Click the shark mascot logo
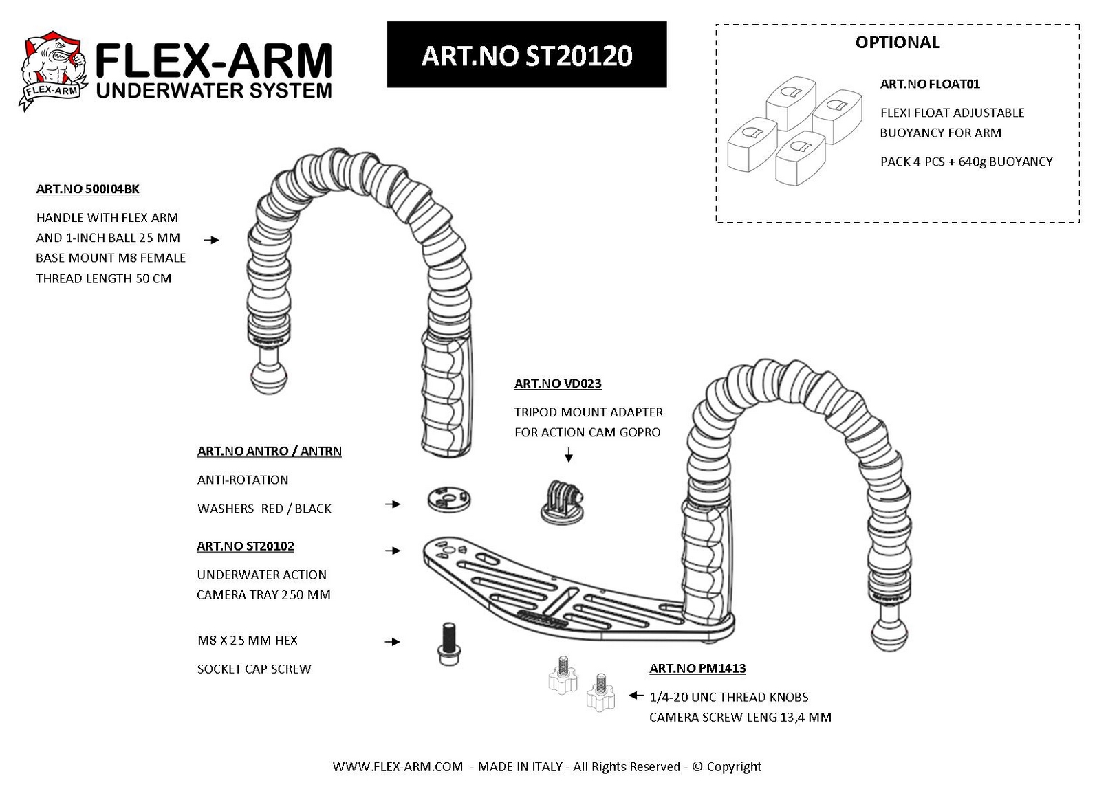coord(54,70)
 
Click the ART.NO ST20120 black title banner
coord(526,54)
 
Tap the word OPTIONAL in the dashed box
coord(897,43)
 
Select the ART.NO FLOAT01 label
coord(929,84)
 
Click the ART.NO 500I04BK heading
coord(87,189)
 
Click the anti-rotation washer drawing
coord(448,499)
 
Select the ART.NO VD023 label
coord(558,384)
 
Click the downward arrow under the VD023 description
coord(569,454)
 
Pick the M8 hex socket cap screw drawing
coord(448,643)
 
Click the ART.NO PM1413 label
coord(697,668)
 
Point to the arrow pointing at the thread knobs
coord(636,696)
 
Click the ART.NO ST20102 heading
coord(246,546)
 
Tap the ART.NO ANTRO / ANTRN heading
coord(270,451)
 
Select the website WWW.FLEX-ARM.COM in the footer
coord(397,766)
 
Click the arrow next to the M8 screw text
coord(393,642)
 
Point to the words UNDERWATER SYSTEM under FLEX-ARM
coord(214,91)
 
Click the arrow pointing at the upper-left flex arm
coord(212,240)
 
